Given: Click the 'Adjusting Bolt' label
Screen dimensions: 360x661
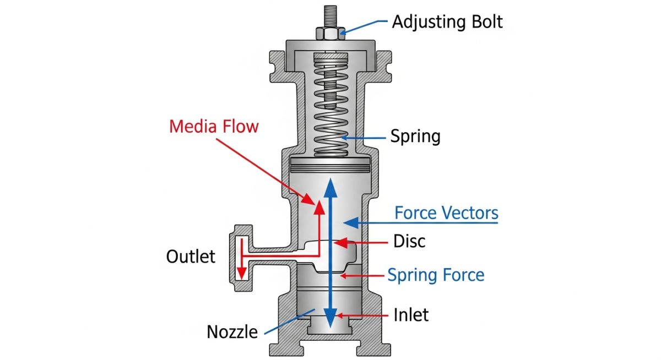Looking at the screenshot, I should pyautogui.click(x=447, y=22).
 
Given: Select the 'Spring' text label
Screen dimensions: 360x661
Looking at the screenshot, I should pyautogui.click(x=415, y=136).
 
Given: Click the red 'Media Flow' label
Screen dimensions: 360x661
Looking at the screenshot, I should pyautogui.click(x=214, y=126).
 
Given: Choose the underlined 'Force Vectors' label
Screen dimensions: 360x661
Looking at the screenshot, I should pyautogui.click(x=446, y=213).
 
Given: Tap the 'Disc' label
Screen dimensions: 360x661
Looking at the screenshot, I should pyautogui.click(x=409, y=241).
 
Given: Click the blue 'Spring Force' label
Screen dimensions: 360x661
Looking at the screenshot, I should pyautogui.click(x=436, y=274).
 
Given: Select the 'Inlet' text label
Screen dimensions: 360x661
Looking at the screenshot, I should pyautogui.click(x=411, y=315).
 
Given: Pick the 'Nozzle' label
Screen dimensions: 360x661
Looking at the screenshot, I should pyautogui.click(x=232, y=332).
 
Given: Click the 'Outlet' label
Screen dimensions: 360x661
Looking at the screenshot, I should pyautogui.click(x=191, y=256).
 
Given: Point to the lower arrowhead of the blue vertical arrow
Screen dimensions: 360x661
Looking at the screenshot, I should pyautogui.click(x=330, y=320).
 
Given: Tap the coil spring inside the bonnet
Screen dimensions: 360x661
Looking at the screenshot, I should pyautogui.click(x=330, y=105).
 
